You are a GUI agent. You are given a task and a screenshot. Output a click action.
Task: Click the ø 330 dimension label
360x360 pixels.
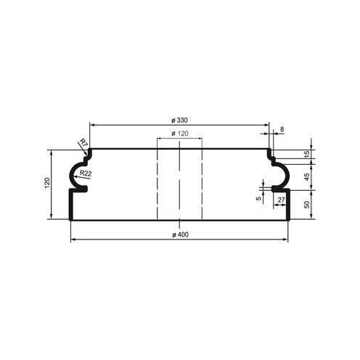coord(179,119)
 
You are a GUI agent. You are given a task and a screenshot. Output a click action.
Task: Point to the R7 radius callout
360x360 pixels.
coord(83,142)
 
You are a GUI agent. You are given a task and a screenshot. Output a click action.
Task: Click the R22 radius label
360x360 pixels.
coord(86,173)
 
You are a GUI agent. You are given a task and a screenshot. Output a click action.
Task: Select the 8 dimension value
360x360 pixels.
coord(282,129)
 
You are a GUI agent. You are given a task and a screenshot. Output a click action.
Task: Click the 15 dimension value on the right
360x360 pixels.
coord(306,155)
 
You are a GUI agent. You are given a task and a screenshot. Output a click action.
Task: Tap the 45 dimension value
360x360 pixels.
coord(306,175)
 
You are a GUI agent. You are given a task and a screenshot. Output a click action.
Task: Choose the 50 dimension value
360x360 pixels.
coord(306,205)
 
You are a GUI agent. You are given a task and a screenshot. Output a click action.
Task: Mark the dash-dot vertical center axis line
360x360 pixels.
coord(179,181)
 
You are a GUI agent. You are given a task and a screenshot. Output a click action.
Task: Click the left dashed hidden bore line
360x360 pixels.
coord(157,181)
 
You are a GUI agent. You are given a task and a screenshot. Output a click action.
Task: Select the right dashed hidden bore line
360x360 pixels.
coord(201,181)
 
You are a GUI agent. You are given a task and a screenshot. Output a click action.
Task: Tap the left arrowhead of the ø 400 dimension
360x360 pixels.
coord(73,240)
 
